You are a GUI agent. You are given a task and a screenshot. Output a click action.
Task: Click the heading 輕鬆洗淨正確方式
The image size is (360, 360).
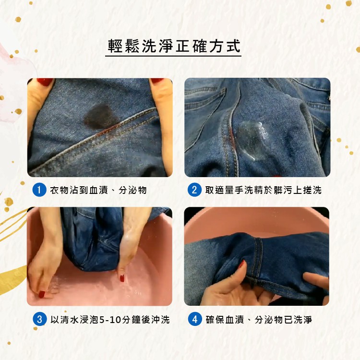click(174, 46)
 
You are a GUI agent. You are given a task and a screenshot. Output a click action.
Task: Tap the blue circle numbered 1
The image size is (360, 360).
click(39, 190)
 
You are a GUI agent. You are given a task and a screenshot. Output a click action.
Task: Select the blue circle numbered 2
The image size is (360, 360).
click(194, 190)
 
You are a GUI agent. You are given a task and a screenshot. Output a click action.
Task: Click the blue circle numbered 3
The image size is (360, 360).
click(40, 319)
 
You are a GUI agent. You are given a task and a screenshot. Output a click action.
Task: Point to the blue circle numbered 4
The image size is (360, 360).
click(195, 319)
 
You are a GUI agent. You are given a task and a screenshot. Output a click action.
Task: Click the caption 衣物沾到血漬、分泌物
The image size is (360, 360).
click(98, 190)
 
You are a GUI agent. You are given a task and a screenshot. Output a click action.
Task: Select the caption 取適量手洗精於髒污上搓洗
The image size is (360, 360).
click(264, 190)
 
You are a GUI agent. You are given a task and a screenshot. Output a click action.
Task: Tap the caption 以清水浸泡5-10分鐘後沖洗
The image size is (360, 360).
click(110, 320)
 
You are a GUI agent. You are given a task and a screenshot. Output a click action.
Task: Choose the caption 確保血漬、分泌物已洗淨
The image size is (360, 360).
click(259, 320)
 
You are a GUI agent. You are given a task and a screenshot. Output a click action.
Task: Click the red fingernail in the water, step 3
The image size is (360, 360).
click(122, 278)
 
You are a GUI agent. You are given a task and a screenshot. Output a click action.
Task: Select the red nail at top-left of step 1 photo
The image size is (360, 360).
click(45, 82)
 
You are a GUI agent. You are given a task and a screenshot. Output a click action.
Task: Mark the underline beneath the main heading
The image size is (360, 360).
click(173, 56)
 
